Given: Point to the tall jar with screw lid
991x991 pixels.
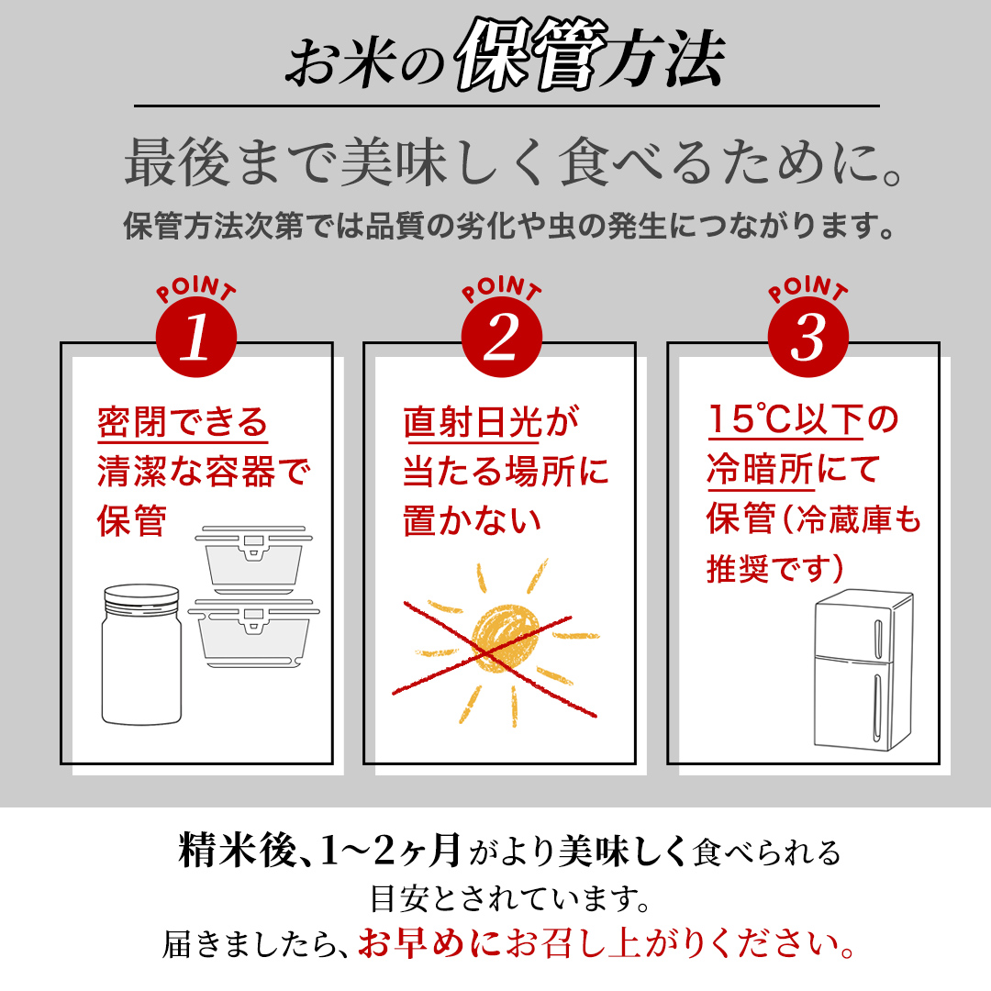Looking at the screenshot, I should [x=140, y=656].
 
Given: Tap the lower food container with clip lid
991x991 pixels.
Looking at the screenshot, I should [x=251, y=635].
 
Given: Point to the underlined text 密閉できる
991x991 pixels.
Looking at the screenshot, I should [x=183, y=423].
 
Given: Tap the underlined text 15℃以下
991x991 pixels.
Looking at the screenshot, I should [x=785, y=421].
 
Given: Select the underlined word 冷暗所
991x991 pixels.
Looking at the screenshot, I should [x=759, y=470].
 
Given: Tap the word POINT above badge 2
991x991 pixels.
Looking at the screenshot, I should [x=501, y=290].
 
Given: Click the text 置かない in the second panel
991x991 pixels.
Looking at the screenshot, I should [x=472, y=521].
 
